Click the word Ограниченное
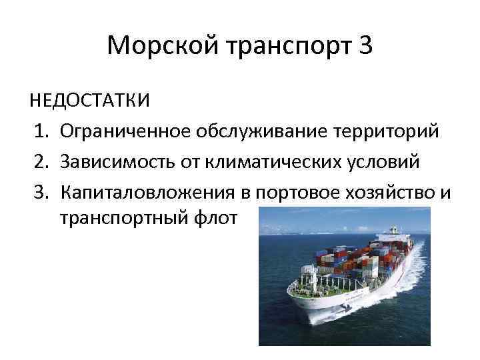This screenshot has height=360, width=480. (125, 132)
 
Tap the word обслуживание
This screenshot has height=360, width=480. (259, 132)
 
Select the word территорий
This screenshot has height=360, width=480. (384, 132)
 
